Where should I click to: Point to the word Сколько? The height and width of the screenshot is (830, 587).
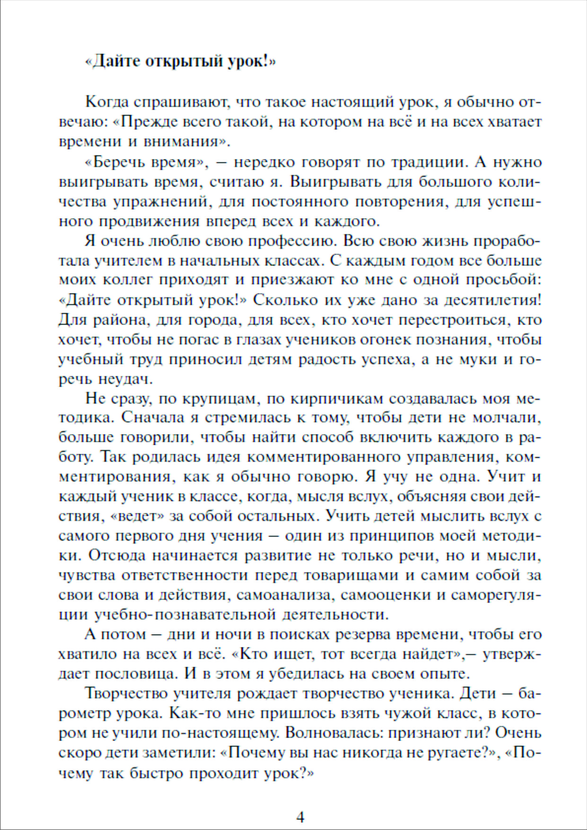coord(285,300)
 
